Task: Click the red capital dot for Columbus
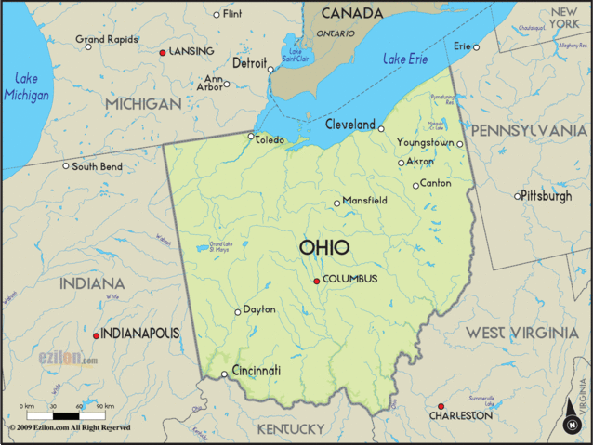(317, 281)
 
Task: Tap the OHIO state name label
(324, 247)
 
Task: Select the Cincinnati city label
(256, 370)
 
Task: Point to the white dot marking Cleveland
(381, 128)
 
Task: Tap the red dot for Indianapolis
(96, 335)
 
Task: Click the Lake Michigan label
(26, 86)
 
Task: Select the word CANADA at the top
(351, 13)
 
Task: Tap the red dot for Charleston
(441, 406)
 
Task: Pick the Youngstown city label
(426, 142)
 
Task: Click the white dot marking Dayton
(237, 311)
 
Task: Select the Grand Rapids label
(106, 40)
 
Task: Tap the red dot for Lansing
(163, 53)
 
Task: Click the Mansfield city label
(365, 200)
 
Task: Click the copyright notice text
(71, 428)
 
